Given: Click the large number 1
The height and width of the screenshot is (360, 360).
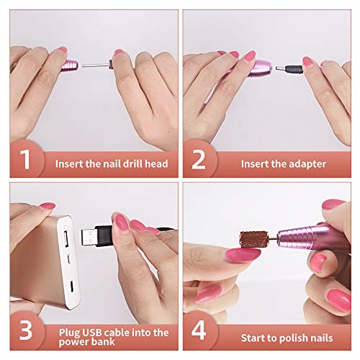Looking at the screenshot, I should click(x=26, y=161).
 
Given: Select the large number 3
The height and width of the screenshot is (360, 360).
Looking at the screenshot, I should click(x=26, y=332).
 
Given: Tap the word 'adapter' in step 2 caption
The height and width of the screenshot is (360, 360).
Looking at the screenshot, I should click(x=304, y=164).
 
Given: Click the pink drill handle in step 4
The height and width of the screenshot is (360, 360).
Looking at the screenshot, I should click(x=317, y=230).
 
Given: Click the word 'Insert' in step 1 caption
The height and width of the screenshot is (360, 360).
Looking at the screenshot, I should click(x=71, y=164).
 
